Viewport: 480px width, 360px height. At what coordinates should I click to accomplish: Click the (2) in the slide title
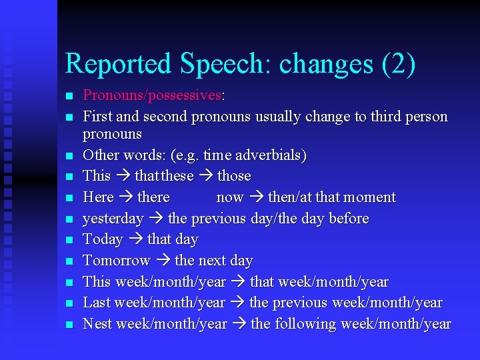(398, 64)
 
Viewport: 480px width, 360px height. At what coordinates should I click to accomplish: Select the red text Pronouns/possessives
(152, 95)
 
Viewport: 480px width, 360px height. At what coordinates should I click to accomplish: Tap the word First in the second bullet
(97, 117)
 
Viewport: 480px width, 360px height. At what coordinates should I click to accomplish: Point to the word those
(234, 176)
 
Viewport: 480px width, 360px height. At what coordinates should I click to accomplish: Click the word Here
(98, 197)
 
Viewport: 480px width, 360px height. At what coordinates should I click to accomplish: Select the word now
(230, 197)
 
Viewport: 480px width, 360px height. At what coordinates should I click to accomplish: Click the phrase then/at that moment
(331, 197)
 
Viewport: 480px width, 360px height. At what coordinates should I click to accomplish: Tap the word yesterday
(113, 219)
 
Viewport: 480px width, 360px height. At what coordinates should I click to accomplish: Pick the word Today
(103, 239)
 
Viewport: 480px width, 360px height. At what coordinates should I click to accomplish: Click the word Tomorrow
(116, 261)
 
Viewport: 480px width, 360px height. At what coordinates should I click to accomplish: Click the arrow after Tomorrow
(162, 261)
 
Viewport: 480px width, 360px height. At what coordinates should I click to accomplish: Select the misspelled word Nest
(97, 324)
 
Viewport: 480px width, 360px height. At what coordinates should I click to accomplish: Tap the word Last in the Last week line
(97, 303)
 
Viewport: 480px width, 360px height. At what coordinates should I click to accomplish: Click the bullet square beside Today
(69, 240)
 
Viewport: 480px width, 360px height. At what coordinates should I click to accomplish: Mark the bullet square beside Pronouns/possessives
(69, 96)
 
